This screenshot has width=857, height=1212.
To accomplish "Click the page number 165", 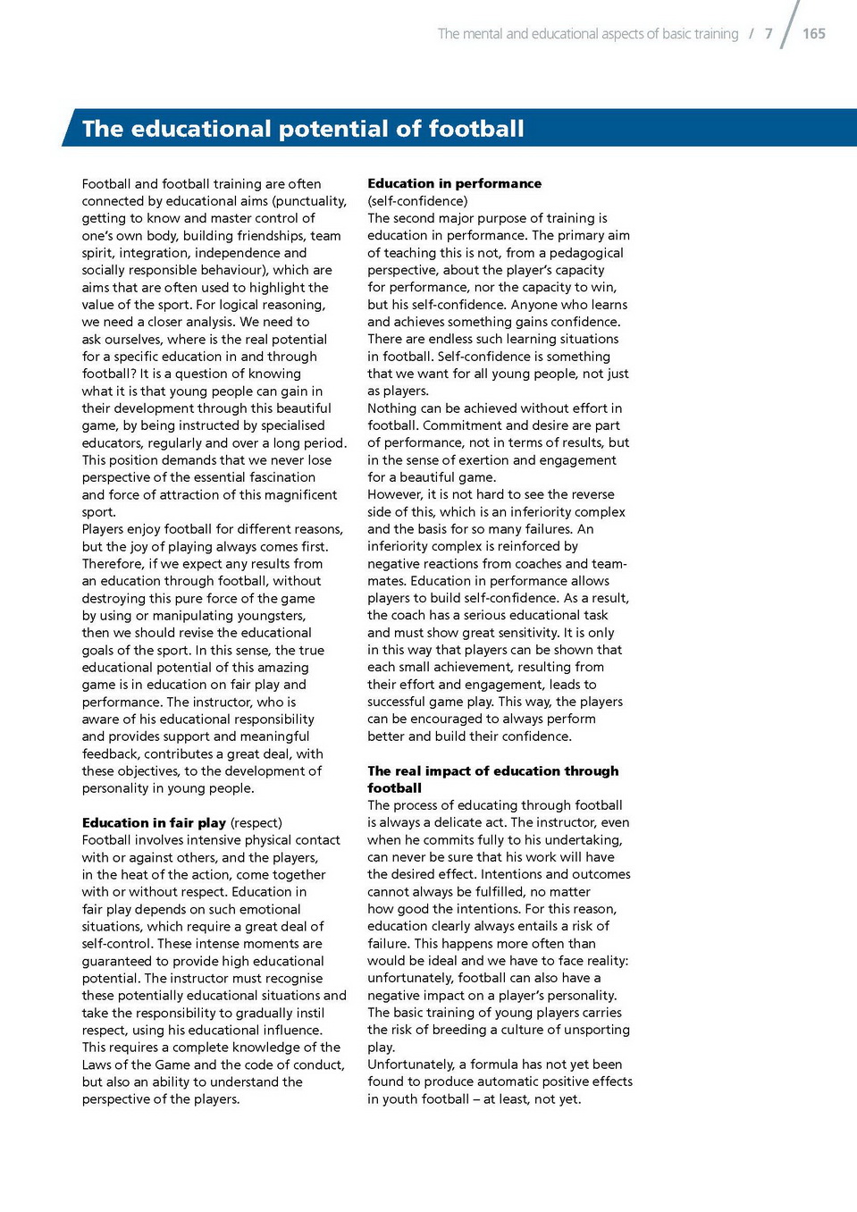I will pyautogui.click(x=813, y=34).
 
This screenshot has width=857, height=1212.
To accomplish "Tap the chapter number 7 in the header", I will pyautogui.click(x=769, y=34).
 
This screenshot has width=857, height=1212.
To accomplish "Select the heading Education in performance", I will pyautogui.click(x=454, y=183).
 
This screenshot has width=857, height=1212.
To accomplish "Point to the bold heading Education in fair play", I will pyautogui.click(x=154, y=822).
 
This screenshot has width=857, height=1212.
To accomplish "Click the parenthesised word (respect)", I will pyautogui.click(x=256, y=822).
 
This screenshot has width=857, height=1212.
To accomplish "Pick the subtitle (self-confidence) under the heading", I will pyautogui.click(x=417, y=201).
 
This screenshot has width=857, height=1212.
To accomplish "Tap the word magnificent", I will pyautogui.click(x=292, y=494).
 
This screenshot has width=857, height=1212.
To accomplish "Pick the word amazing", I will pyautogui.click(x=282, y=668).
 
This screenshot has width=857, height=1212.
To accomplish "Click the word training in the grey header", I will pyautogui.click(x=717, y=34).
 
